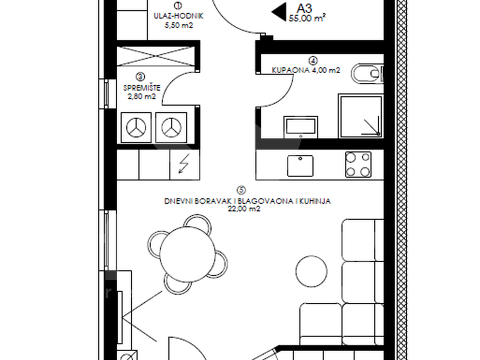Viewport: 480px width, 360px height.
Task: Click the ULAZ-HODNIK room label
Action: coord(178,16)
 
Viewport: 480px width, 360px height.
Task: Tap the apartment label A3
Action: coord(304,8)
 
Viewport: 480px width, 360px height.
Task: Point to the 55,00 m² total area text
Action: coord(307,18)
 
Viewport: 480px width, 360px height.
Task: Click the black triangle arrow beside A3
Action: coord(279,12)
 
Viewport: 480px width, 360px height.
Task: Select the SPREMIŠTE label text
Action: coord(142,88)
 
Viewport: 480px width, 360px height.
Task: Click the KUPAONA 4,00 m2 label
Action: coord(306,70)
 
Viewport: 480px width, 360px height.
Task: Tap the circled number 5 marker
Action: coord(241,190)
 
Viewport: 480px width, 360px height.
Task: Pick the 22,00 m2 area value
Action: coord(244,209)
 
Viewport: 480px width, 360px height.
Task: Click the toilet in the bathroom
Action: coord(367,74)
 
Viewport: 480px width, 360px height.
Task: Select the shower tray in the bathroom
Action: coord(361,116)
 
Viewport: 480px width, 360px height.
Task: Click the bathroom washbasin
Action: coord(301,127)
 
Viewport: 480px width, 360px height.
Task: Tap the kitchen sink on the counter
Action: coord(300,166)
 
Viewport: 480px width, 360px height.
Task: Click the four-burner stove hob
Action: coord(358,164)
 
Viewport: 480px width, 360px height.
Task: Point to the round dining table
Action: coord(188,254)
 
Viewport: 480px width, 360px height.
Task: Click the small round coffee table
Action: coord(311,271)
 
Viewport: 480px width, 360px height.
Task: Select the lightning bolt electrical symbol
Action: coord(184,164)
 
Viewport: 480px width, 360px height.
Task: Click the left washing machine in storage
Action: coord(136,128)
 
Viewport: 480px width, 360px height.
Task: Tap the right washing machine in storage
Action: coord(171,128)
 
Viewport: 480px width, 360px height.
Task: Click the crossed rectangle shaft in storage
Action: coord(156,56)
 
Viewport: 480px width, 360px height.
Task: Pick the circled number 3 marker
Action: coord(140,77)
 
